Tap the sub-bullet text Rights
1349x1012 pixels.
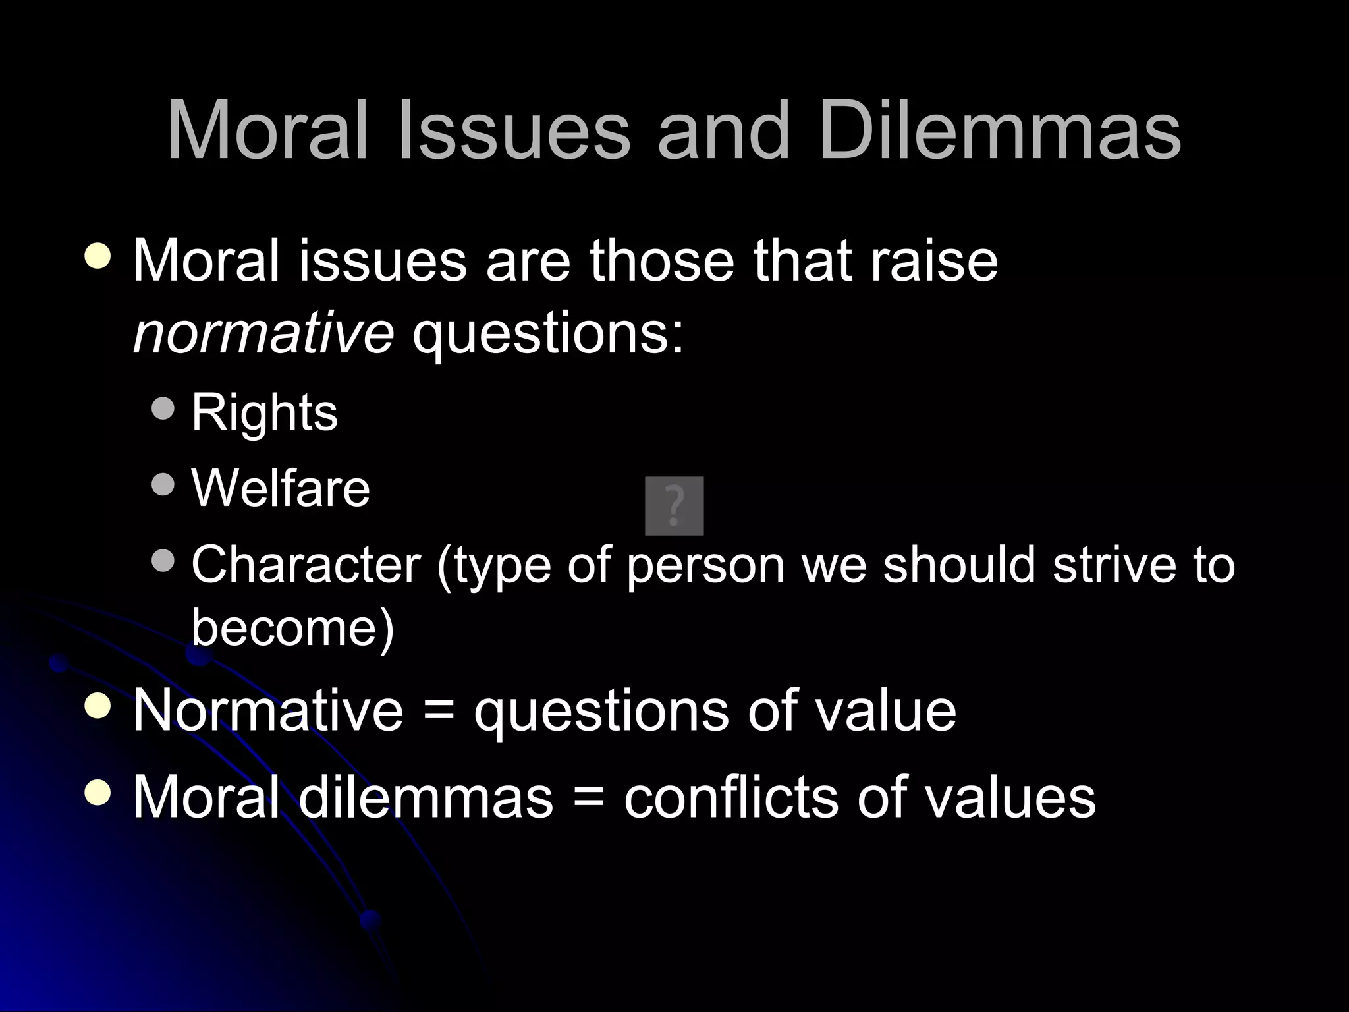[x=264, y=413]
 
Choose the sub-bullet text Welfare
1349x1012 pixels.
[x=281, y=488]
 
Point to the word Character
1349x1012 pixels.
[x=306, y=565]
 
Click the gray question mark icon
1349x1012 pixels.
[x=674, y=505]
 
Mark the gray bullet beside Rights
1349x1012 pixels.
[x=163, y=409]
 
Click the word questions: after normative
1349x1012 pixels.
[x=548, y=331]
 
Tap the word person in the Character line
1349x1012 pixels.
[x=705, y=566]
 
